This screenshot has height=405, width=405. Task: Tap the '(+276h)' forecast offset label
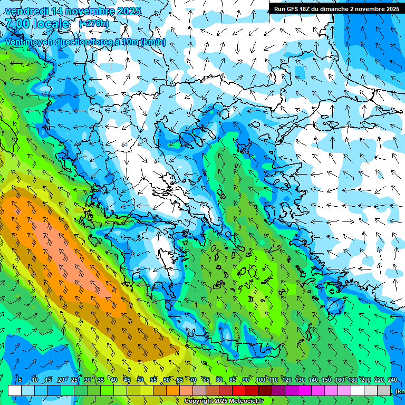(x=94, y=23)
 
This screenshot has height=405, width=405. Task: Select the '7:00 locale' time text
(x=37, y=24)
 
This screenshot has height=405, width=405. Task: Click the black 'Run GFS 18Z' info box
(x=336, y=8)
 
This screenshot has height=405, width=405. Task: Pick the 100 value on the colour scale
(x=261, y=380)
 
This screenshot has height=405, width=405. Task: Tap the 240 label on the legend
(x=392, y=380)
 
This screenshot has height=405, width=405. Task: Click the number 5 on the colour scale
(x=20, y=380)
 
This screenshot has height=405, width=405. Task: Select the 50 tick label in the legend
(x=140, y=380)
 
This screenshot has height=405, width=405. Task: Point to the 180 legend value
(x=352, y=380)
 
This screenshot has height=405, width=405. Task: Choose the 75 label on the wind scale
(x=206, y=380)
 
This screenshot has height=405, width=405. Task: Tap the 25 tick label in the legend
(x=74, y=380)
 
